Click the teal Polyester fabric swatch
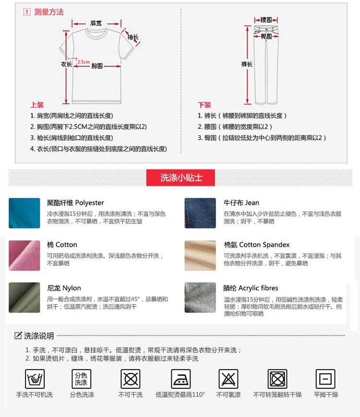coord(24,213)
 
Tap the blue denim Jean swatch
coord(200,213)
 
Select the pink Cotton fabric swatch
coord(24,255)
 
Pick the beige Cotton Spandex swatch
coord(200,255)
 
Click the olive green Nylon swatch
coord(24,298)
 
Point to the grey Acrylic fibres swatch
coord(200,298)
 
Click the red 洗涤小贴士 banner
coord(180,178)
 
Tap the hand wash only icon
coord(35,379)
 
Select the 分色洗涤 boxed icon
coord(82,379)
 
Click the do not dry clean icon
coord(131,379)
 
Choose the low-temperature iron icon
coord(180,379)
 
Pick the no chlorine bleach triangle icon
coord(228,379)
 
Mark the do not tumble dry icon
coord(277,379)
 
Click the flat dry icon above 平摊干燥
coord(325,379)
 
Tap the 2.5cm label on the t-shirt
coord(84,62)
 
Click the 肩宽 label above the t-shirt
coord(96,23)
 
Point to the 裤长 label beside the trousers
coord(247,64)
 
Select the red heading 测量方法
coord(48,12)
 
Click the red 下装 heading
coord(204,105)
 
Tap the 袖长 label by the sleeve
coord(133,37)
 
